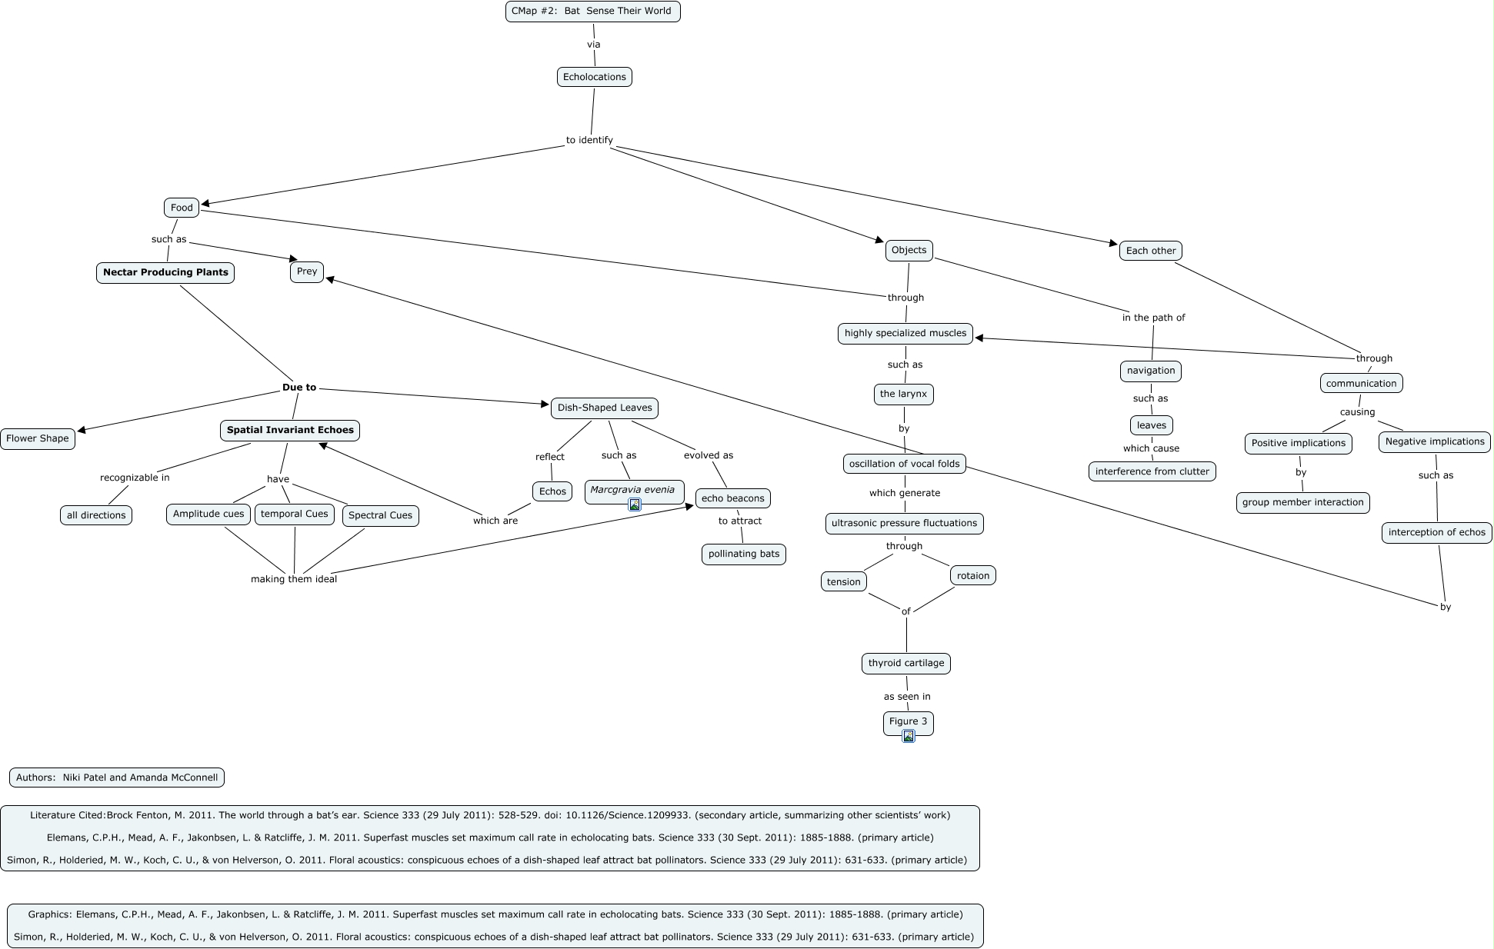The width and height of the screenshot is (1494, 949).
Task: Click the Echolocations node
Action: (x=594, y=77)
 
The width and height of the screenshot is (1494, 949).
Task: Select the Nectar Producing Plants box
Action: (x=165, y=272)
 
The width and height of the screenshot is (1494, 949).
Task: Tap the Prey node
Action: (x=306, y=271)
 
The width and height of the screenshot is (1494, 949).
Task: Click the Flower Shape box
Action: (x=38, y=438)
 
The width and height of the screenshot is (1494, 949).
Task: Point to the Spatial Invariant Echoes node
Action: (x=290, y=430)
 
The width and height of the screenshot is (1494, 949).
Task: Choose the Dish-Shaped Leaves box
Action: (x=604, y=408)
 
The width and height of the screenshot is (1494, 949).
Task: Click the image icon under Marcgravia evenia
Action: (x=635, y=504)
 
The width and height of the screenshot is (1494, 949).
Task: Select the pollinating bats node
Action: (x=743, y=554)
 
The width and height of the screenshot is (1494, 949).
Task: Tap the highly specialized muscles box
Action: (x=905, y=333)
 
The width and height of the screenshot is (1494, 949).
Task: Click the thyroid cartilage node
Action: (x=905, y=663)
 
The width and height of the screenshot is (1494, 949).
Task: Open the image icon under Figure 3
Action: (x=909, y=736)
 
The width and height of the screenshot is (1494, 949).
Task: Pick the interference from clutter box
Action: (x=1152, y=471)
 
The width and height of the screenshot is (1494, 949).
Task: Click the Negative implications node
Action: (x=1434, y=441)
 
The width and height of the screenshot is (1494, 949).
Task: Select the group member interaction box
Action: (x=1302, y=502)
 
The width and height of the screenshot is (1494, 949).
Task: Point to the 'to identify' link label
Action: (x=589, y=140)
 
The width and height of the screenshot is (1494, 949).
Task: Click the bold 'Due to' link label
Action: (x=298, y=388)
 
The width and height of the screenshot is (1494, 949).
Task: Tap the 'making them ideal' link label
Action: (x=294, y=579)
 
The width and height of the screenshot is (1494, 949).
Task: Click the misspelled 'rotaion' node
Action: (x=973, y=575)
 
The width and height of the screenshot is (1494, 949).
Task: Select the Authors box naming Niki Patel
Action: (x=117, y=778)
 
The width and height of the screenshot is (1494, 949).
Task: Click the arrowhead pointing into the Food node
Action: (x=205, y=204)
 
